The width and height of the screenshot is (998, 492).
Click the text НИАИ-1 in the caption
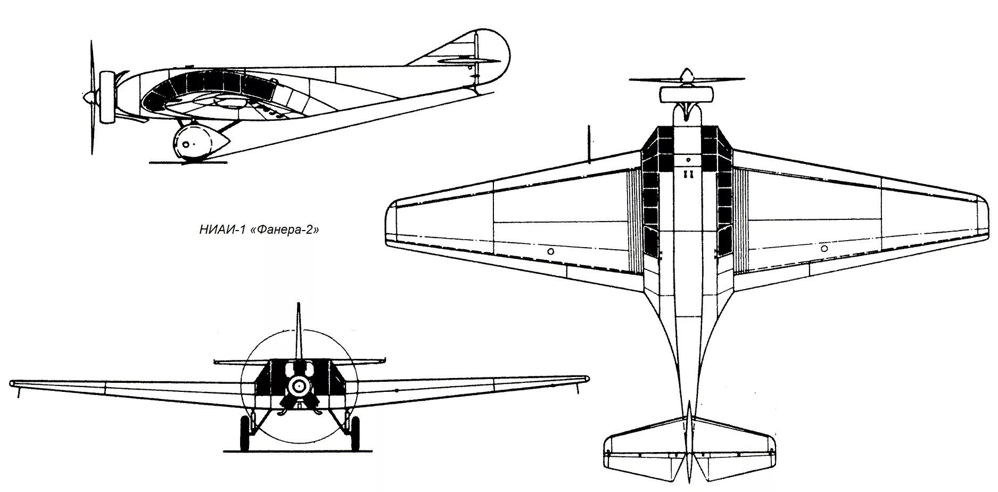[x=220, y=231]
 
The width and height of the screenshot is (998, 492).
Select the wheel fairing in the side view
[x=199, y=143]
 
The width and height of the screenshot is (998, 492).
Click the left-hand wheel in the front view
[x=245, y=433]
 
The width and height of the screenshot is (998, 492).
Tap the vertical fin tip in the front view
[x=299, y=307]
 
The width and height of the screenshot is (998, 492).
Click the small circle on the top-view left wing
[x=550, y=251]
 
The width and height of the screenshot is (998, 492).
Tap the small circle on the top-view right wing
[x=824, y=248]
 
